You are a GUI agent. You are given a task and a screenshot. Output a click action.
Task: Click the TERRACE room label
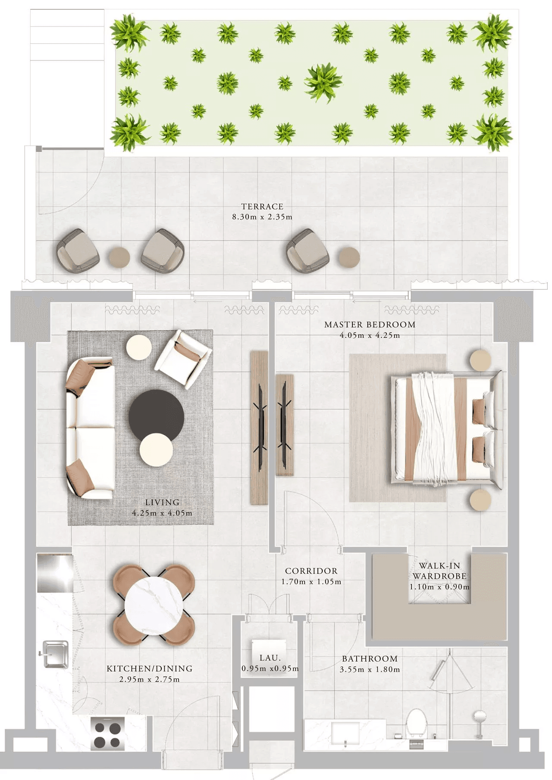[x=262, y=206]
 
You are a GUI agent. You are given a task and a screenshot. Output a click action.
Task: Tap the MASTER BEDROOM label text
[x=370, y=324]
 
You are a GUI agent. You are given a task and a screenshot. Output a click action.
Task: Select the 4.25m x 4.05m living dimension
[x=162, y=513]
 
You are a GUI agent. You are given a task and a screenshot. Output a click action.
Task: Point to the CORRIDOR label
[x=311, y=571]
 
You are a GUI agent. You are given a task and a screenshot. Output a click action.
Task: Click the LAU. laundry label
[x=270, y=658]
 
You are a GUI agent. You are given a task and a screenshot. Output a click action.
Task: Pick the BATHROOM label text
[x=370, y=659]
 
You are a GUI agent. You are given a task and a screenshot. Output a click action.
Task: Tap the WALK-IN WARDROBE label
[x=439, y=571]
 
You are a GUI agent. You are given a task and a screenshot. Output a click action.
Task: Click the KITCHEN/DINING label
[x=150, y=669]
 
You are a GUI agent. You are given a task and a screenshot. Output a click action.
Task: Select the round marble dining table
[x=154, y=605]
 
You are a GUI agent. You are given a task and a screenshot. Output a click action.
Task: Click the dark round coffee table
[x=156, y=415]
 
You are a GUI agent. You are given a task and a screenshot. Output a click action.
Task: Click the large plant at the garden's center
[x=323, y=82]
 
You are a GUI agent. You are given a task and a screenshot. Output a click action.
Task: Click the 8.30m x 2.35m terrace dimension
[x=262, y=217]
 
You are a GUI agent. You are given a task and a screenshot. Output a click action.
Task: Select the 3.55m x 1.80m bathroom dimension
[x=370, y=669]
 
